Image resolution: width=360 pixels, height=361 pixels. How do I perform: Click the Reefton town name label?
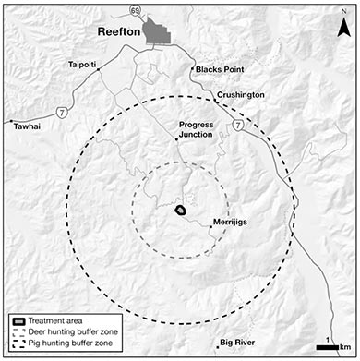tap(119, 34)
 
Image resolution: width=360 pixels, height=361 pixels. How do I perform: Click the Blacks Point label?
tap(215, 70)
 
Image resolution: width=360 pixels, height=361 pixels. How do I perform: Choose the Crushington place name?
tap(242, 95)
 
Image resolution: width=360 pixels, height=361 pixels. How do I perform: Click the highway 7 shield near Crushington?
tap(238, 126)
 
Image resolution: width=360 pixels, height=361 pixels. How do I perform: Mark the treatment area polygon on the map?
tap(180, 211)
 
